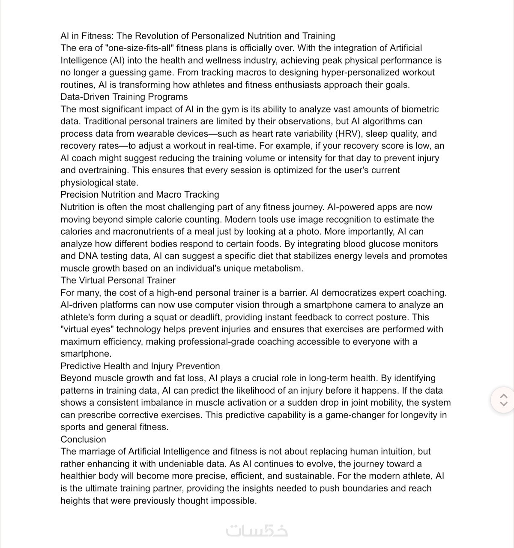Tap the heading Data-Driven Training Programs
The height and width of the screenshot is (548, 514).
click(124, 97)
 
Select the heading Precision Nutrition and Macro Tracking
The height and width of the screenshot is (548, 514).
click(140, 195)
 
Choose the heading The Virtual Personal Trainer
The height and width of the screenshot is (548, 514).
click(118, 280)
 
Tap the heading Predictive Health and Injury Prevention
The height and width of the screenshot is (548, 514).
click(140, 366)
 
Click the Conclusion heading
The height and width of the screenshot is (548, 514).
click(83, 440)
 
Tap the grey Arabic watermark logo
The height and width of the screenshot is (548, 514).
click(257, 530)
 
